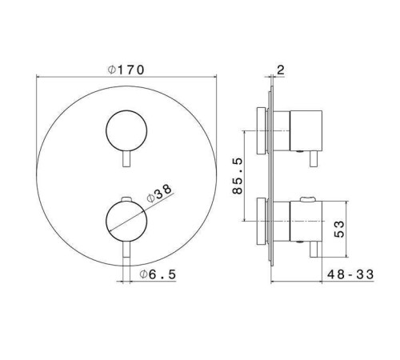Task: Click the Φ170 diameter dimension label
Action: tap(126, 70)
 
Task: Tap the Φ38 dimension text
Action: tap(159, 194)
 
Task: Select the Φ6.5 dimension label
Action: tap(158, 274)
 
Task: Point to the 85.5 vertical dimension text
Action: tap(238, 176)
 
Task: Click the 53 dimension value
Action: tap(339, 229)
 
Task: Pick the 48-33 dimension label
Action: tap(350, 274)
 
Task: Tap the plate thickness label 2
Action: tap(281, 70)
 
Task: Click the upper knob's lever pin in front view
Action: tap(126, 159)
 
